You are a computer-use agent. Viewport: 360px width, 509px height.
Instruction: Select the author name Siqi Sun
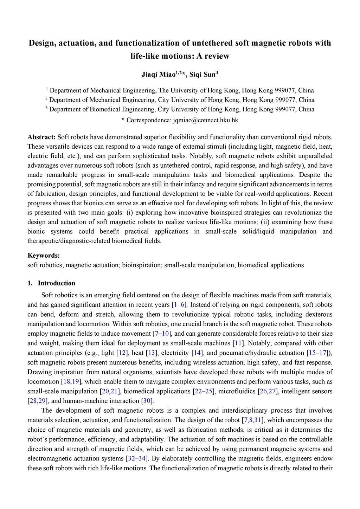[x=202, y=75]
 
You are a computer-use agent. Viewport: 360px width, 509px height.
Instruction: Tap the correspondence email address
[x=206, y=120]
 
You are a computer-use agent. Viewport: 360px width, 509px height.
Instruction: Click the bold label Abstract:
[x=41, y=137]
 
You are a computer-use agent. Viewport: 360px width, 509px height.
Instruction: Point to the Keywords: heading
[x=44, y=256]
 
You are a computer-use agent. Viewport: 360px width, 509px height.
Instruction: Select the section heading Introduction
[x=57, y=283]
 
